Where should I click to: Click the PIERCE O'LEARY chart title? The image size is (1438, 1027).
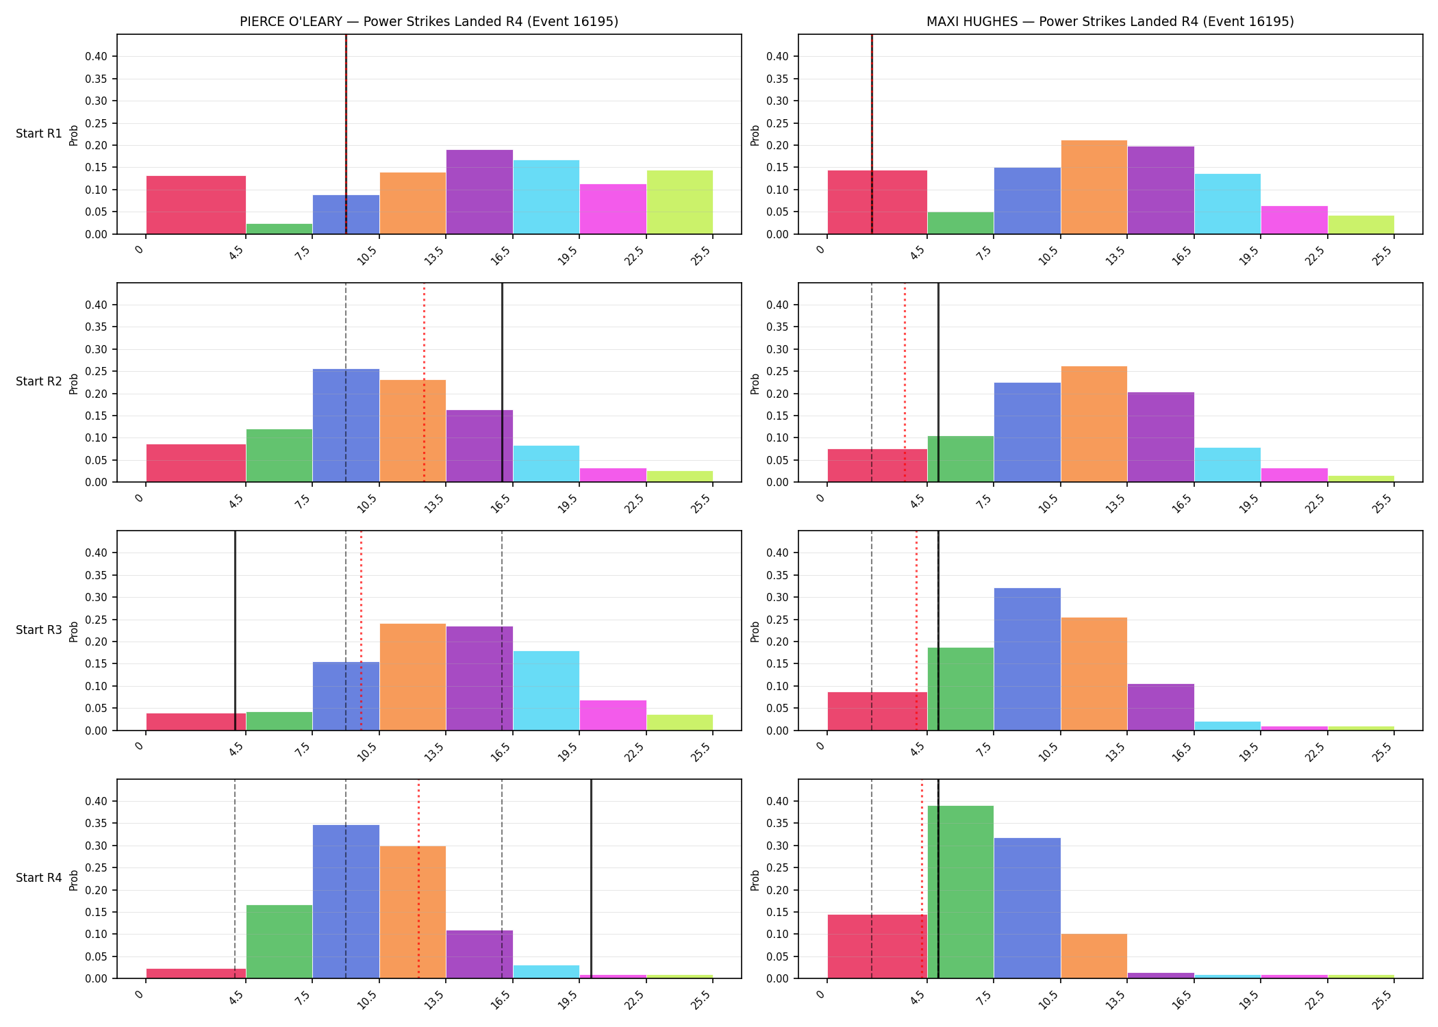click(x=429, y=21)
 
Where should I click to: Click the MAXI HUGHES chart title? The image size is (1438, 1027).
click(x=1110, y=21)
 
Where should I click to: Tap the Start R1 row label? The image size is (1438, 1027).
click(x=39, y=134)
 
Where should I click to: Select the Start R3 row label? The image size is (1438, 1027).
click(x=39, y=630)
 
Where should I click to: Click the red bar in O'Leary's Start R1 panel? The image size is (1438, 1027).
click(x=196, y=205)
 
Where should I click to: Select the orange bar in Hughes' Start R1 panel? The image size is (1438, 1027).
click(x=1094, y=187)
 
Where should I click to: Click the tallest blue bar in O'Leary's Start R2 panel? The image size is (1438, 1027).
click(x=346, y=425)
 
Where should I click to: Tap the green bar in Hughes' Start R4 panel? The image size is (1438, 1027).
click(x=960, y=892)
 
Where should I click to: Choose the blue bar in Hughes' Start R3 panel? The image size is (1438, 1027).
click(x=1027, y=659)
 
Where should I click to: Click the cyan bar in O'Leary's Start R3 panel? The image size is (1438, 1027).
click(x=546, y=691)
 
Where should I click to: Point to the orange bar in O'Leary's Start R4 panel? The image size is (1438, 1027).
click(x=412, y=912)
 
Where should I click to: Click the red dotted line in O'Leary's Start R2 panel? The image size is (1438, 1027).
click(x=424, y=382)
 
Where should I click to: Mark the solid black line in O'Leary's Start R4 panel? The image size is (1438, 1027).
click(x=591, y=878)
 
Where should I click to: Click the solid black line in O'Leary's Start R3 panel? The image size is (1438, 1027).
click(x=235, y=631)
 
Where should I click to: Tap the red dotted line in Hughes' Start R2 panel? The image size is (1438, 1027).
click(x=905, y=382)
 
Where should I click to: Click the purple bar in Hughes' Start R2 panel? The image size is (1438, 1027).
click(x=1161, y=437)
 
